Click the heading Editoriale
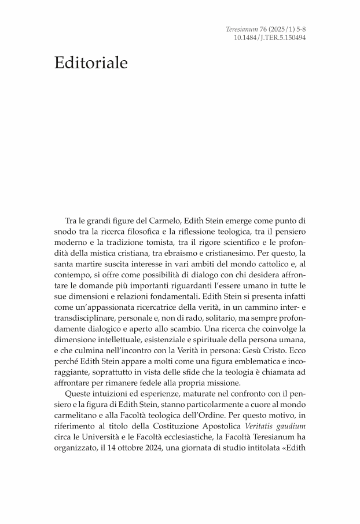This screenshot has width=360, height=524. point(91,63)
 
